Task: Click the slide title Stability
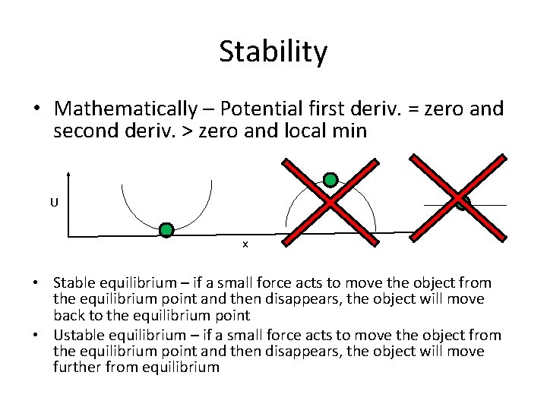click(273, 52)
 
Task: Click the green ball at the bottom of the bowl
click(166, 229)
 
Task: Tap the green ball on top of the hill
click(330, 180)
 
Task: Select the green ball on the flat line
click(463, 203)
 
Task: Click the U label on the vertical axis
click(54, 203)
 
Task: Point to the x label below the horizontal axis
click(245, 244)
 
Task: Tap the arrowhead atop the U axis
click(69, 172)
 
